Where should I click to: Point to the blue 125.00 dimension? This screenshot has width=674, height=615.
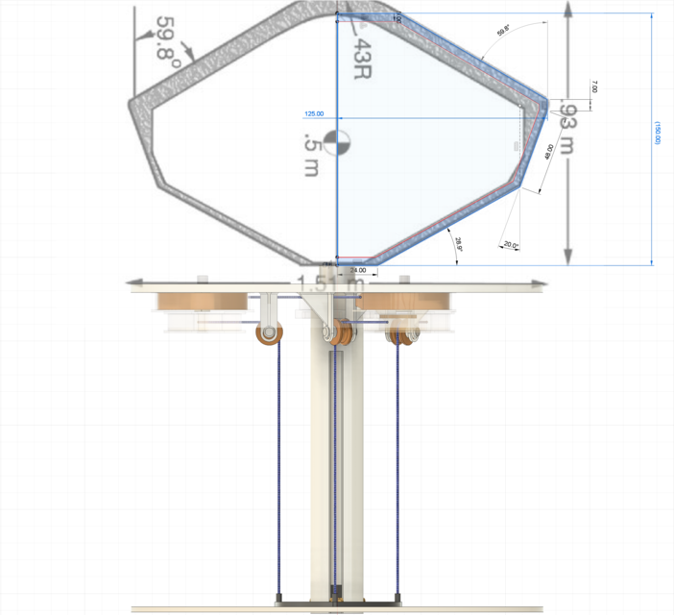tap(314, 113)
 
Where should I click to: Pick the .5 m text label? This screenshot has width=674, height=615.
tap(310, 154)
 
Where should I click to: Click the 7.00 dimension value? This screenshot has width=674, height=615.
tap(594, 86)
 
